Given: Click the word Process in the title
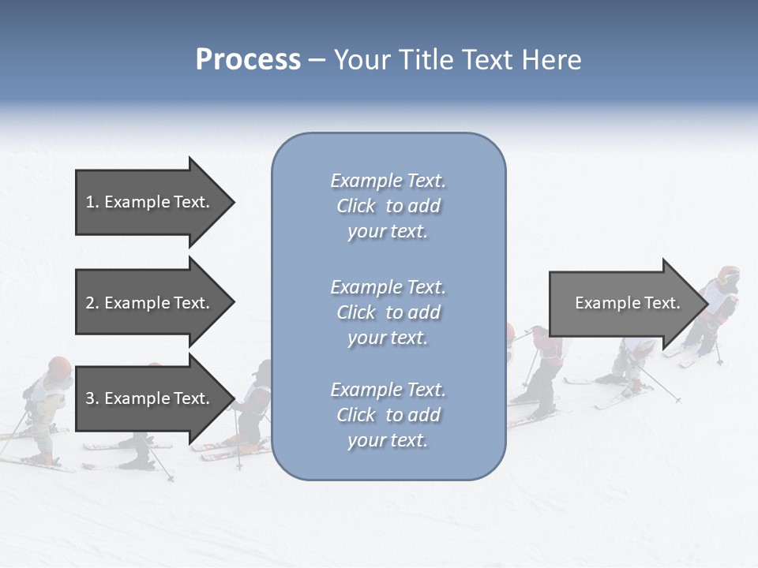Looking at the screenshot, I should (x=248, y=60).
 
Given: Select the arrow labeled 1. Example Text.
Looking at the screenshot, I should (x=150, y=202).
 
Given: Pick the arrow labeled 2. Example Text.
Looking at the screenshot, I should (x=150, y=303).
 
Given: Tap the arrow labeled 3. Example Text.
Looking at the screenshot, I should (x=150, y=398).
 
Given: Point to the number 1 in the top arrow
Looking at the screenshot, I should (x=90, y=202).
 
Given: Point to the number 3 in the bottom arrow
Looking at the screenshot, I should (x=90, y=398).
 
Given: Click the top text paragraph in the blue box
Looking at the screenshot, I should (x=388, y=206).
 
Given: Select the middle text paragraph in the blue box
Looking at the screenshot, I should (x=388, y=312).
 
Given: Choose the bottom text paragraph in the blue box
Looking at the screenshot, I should (x=388, y=415).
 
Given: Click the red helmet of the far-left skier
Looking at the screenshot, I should (x=59, y=366).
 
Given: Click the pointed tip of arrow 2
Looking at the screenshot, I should (x=233, y=303).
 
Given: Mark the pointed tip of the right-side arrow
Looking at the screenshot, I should (x=707, y=303).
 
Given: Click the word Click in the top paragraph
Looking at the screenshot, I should (x=356, y=206).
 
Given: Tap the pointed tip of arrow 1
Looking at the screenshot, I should (x=233, y=202).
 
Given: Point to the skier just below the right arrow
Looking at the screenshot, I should (x=632, y=363).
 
